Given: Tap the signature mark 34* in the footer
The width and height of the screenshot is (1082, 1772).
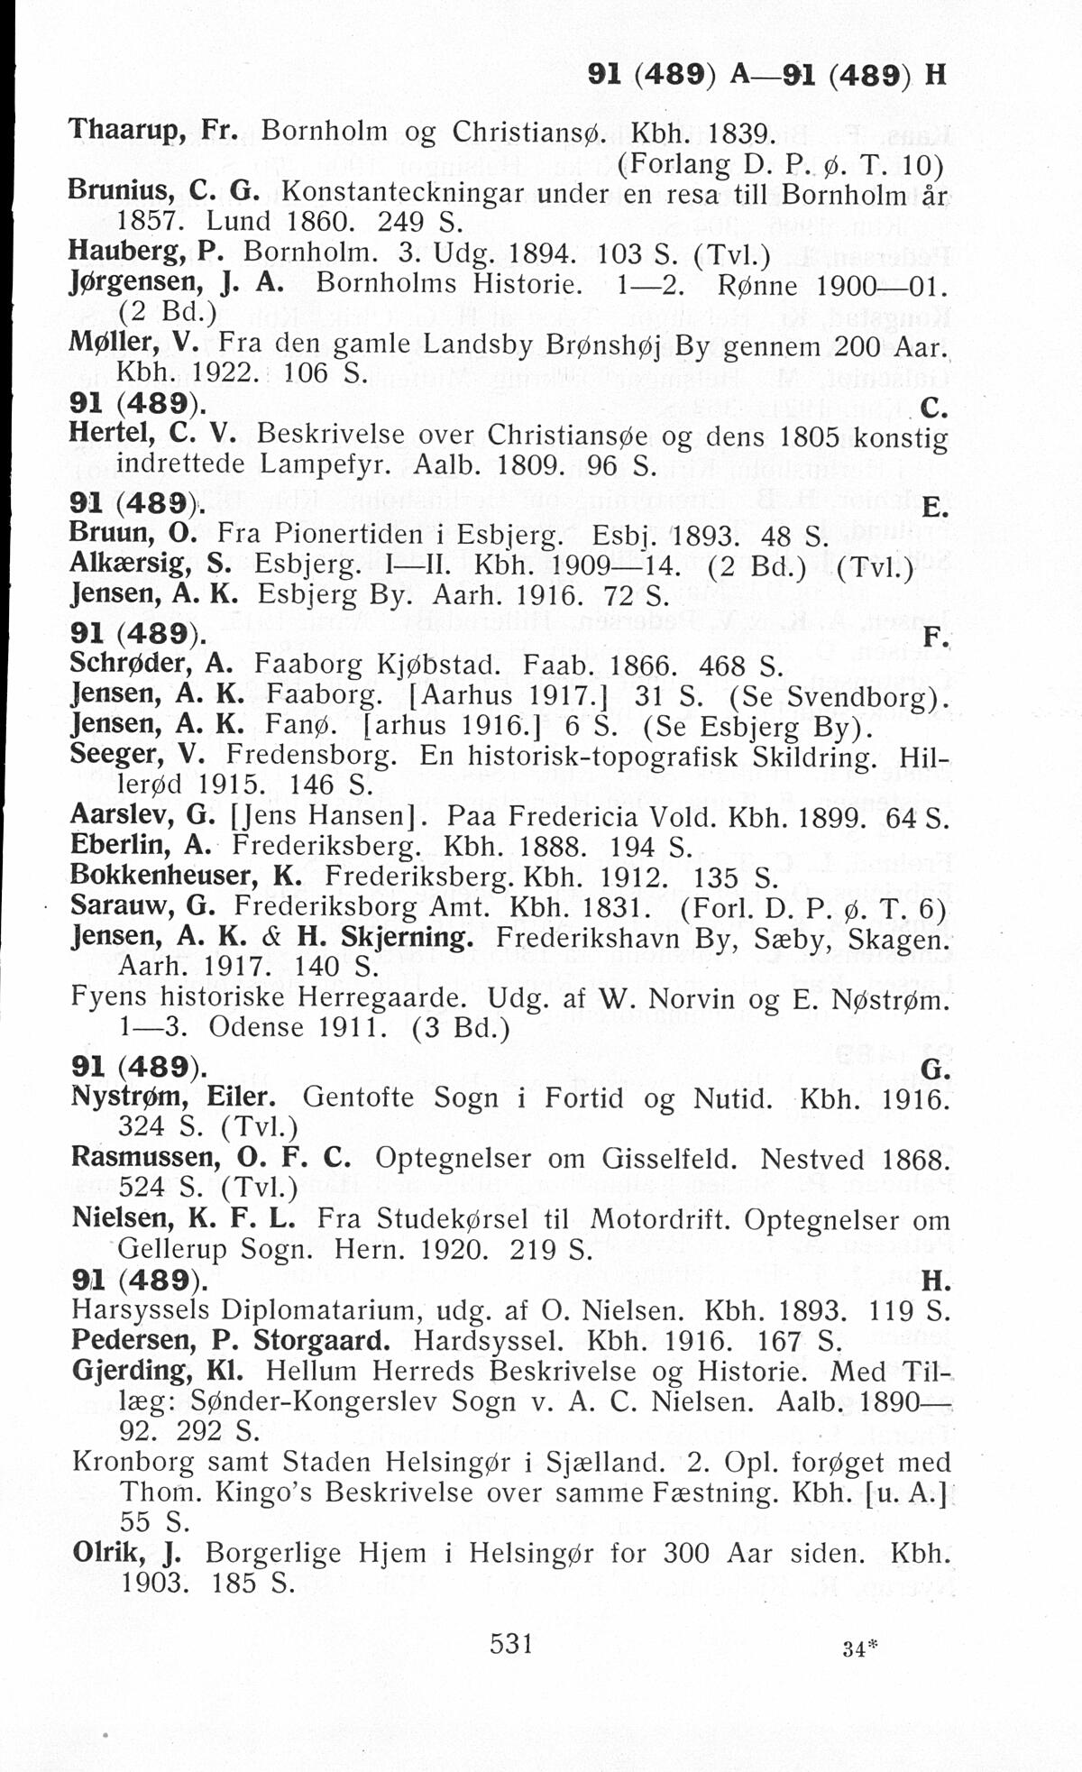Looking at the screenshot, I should pyautogui.click(x=859, y=1648).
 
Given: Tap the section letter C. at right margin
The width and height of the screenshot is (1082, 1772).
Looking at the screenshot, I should pyautogui.click(x=935, y=411).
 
